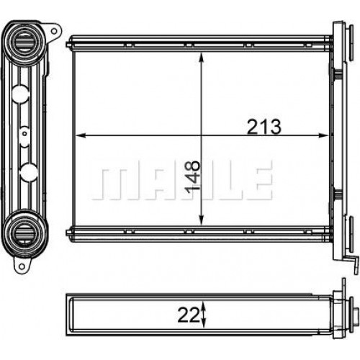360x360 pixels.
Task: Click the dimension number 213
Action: coord(264,127)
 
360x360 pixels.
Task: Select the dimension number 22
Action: coord(189,315)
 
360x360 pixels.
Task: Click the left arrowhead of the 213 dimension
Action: coord(81,135)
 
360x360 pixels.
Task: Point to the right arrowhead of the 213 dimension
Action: coord(323,135)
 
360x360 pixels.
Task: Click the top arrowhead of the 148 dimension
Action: coord(202,58)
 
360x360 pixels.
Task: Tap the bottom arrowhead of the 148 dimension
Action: coord(202,220)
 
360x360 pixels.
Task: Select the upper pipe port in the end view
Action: coord(24,42)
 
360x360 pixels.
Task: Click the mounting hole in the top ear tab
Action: coord(54,31)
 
